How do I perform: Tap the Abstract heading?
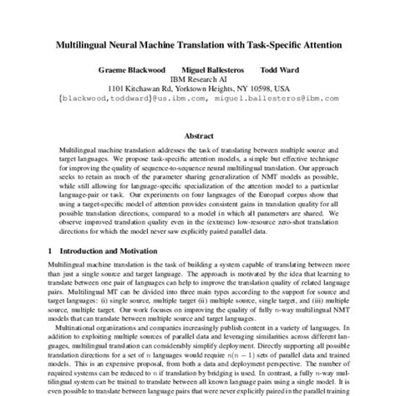coord(198,133)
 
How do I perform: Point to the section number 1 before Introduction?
coord(52,250)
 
